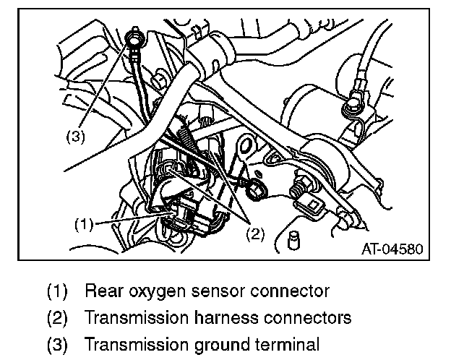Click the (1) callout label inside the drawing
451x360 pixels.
tap(83, 224)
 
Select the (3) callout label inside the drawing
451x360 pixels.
tap(76, 137)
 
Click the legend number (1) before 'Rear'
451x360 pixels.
tap(57, 293)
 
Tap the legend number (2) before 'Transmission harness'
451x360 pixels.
tap(57, 317)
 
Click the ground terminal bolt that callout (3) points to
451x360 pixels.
tap(134, 37)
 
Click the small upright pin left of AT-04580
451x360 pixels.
tap(293, 240)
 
